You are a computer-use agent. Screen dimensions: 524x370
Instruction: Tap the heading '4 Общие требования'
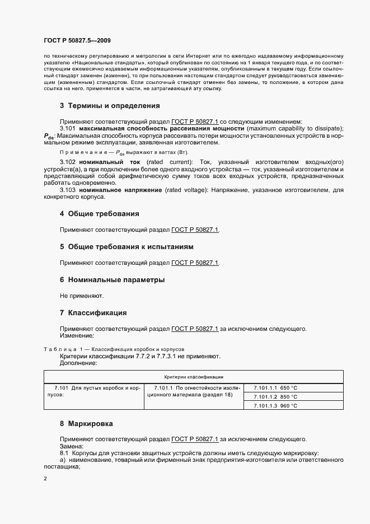click(100, 214)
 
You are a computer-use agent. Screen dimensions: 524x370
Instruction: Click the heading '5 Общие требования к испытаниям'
click(127, 246)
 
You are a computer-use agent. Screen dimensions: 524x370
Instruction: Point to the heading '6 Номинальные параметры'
click(112, 279)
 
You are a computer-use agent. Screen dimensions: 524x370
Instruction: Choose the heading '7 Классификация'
click(93, 312)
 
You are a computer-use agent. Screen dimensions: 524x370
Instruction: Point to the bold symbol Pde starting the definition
click(49, 136)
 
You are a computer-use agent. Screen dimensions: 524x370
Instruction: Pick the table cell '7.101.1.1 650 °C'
click(275, 387)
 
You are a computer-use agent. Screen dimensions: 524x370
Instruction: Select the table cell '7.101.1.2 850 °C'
click(275, 396)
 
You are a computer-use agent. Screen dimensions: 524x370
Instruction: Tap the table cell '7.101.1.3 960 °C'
click(275, 406)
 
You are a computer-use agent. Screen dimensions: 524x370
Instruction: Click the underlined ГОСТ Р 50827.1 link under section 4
click(195, 230)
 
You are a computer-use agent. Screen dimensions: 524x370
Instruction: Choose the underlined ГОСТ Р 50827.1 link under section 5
click(195, 263)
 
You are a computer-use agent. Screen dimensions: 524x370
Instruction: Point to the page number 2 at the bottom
click(45, 479)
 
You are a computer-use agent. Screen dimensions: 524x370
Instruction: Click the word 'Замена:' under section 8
click(71, 446)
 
